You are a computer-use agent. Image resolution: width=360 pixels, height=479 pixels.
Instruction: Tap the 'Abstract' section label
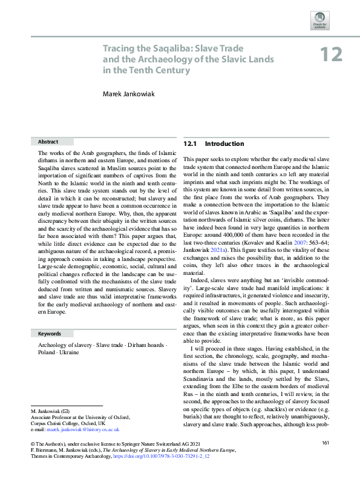click(48, 140)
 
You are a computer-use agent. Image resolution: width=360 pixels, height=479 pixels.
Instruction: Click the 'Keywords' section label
click(50, 334)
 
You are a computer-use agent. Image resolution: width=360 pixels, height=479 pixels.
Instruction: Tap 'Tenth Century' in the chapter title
click(159, 70)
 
